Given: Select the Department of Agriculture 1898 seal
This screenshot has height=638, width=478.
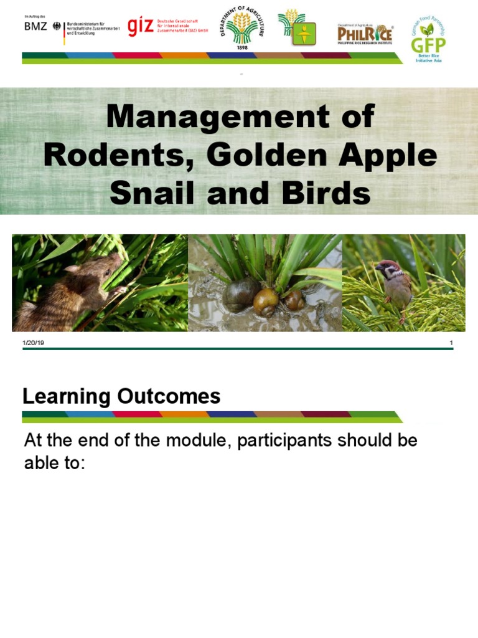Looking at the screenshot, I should (242, 29).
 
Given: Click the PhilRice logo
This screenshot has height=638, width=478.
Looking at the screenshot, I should (365, 32).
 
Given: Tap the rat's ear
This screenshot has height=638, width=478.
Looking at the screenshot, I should (74, 269).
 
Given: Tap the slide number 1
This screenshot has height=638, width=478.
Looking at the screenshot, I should (451, 343).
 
